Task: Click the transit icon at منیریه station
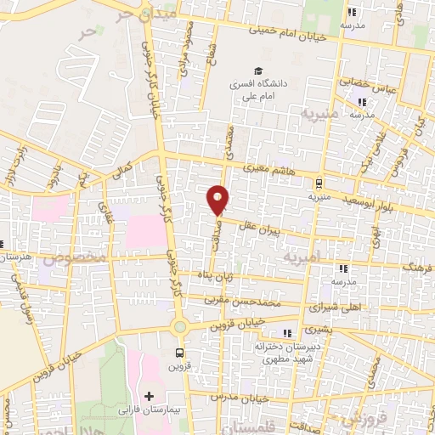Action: click(x=319, y=183)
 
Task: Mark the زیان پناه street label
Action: click(x=217, y=277)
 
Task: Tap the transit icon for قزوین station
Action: click(x=179, y=353)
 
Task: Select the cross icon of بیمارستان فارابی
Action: click(x=150, y=397)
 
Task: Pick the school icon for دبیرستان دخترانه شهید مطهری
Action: click(x=287, y=332)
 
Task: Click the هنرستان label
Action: click(x=14, y=257)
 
